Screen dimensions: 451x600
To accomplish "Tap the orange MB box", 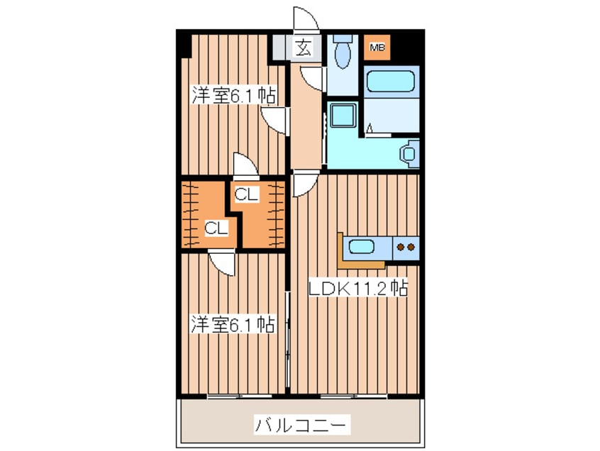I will tap(376, 48).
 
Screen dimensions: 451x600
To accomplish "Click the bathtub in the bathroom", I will tap(390, 82).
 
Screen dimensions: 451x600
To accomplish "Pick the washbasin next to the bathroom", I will tap(409, 153).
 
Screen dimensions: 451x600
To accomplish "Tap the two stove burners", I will tap(406, 247).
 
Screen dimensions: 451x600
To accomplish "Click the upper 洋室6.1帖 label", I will tap(233, 96).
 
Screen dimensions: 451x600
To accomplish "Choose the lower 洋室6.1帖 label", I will tap(232, 325).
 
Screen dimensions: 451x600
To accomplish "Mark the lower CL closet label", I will tap(216, 228).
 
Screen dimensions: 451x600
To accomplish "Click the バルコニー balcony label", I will tap(301, 425).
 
